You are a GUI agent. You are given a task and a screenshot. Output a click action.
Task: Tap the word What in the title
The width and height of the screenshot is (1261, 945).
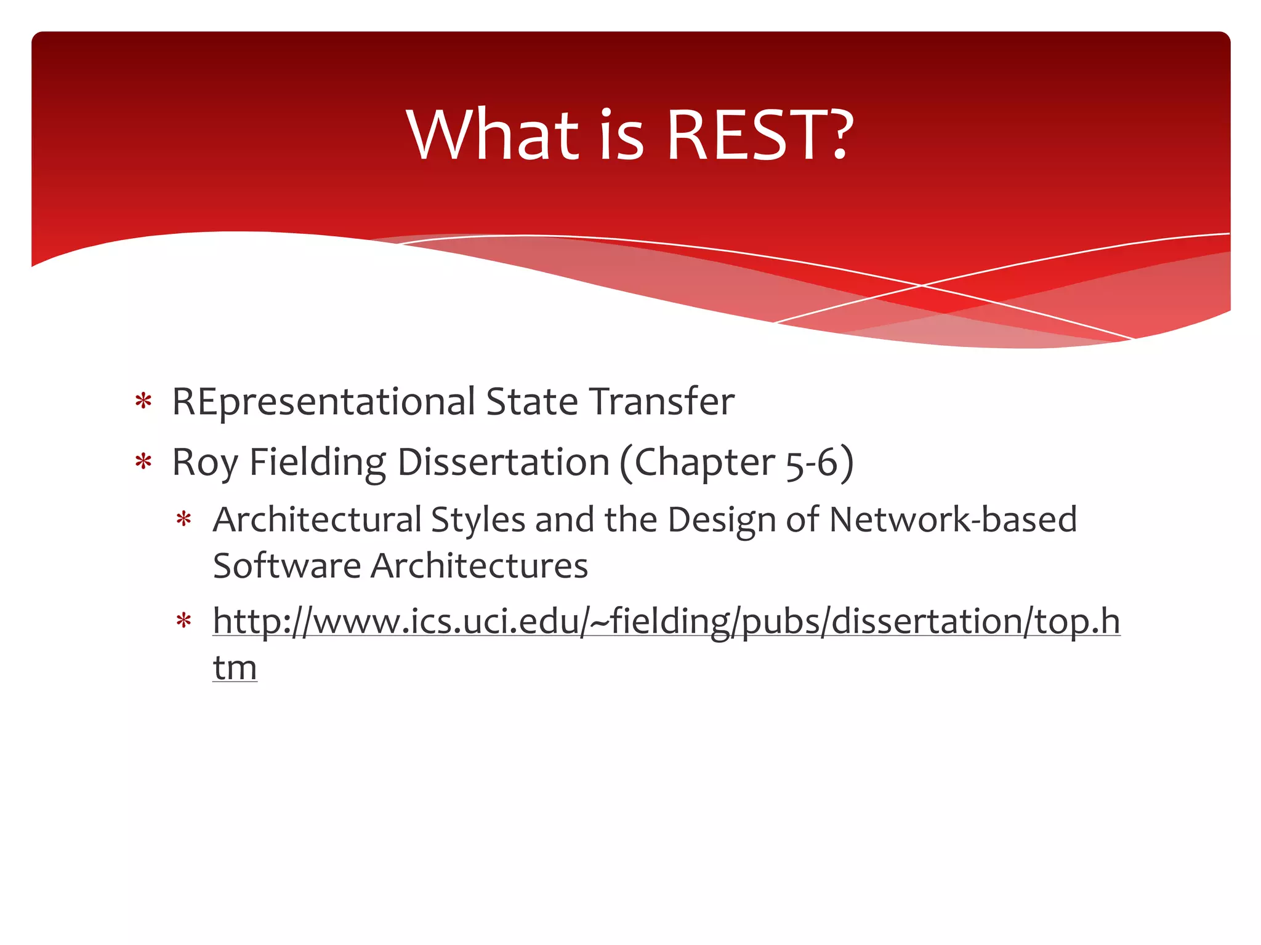click(x=493, y=135)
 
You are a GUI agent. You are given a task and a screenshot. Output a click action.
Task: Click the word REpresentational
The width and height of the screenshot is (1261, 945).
click(x=324, y=402)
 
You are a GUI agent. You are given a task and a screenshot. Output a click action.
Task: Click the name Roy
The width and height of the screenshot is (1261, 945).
click(x=204, y=463)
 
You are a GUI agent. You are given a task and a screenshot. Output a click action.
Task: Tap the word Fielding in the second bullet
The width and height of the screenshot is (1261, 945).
click(x=317, y=463)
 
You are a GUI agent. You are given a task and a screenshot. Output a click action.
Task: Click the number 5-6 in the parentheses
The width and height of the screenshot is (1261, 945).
click(x=812, y=463)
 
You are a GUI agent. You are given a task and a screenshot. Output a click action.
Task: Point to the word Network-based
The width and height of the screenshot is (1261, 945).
click(x=953, y=520)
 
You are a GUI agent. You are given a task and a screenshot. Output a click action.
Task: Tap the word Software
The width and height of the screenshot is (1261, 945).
click(x=287, y=566)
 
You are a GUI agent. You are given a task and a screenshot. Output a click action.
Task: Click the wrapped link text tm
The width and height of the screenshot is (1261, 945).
click(x=235, y=668)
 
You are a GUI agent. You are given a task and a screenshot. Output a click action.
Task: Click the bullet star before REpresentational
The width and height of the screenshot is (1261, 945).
click(x=143, y=402)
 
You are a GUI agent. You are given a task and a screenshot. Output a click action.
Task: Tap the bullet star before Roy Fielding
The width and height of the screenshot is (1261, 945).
click(x=143, y=462)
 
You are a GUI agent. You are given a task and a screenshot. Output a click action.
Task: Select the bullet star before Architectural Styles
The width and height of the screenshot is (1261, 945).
click(x=184, y=520)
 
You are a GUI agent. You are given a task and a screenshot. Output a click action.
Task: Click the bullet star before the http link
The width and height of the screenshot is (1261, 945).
click(x=184, y=621)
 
